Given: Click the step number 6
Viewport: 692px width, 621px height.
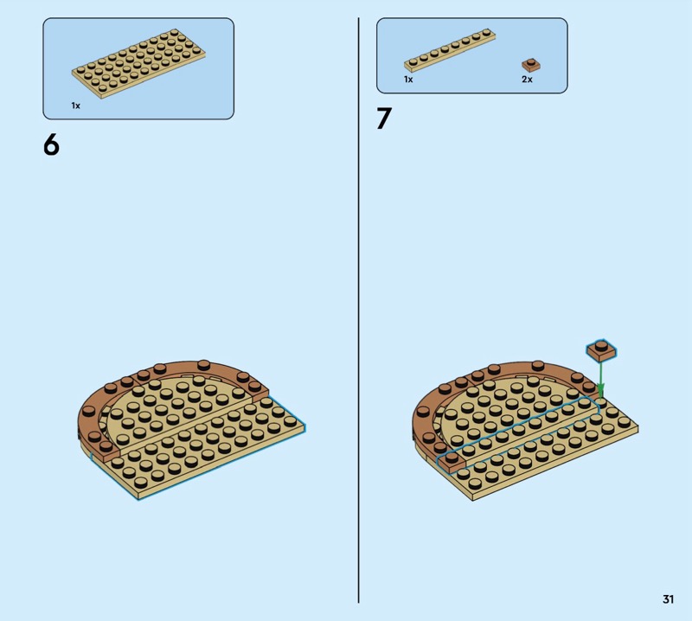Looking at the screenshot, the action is (51, 144).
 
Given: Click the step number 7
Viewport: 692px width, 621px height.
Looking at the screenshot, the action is (384, 118).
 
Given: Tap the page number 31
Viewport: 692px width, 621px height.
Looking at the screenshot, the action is (668, 599).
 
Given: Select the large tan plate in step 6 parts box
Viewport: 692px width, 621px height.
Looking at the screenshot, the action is (138, 63).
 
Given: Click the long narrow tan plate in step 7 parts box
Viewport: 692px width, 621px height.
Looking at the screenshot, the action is (450, 50).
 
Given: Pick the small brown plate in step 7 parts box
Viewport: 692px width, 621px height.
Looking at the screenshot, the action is (531, 65).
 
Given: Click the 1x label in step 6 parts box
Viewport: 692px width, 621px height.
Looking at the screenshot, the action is (76, 106).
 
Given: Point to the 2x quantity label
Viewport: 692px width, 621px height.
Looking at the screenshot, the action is (527, 80).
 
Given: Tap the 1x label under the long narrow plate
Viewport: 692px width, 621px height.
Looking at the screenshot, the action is (408, 80).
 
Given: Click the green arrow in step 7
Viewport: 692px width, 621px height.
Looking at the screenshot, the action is (600, 380).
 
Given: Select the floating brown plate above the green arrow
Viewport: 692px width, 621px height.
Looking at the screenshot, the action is (601, 349).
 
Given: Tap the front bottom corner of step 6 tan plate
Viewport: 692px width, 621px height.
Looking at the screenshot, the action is (138, 500).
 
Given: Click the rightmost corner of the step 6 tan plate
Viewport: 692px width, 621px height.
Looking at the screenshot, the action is (305, 426).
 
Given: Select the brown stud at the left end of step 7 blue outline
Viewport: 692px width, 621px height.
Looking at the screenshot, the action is (451, 458).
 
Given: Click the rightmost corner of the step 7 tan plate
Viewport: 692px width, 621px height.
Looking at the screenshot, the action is (638, 426).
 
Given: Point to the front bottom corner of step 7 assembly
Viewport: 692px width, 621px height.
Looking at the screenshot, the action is (472, 500).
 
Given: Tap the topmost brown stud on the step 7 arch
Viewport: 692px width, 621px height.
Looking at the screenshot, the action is (538, 365).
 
